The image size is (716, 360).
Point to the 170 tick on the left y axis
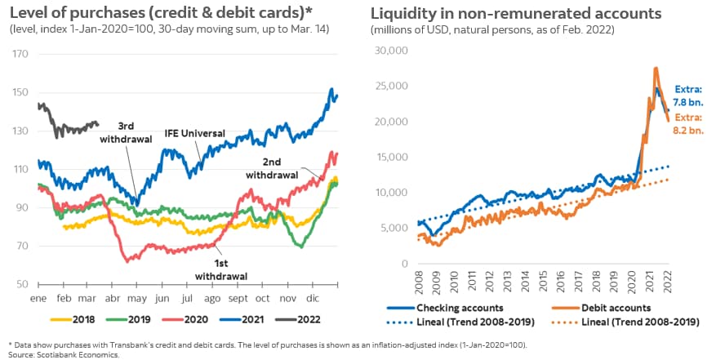pos(19,54)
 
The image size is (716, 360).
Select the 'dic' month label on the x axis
pos(314,300)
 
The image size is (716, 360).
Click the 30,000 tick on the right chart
pos(389,50)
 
